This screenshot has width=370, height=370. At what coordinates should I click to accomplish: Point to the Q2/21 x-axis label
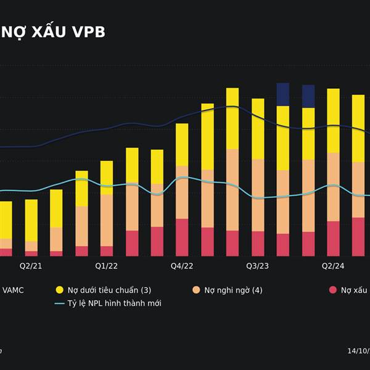[31, 266]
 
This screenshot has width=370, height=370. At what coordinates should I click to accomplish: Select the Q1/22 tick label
[107, 266]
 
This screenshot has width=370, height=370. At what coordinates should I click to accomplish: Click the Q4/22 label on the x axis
[182, 266]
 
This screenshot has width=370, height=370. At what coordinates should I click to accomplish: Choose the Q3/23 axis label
[258, 266]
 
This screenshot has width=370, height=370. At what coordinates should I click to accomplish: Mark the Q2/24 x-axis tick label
[333, 266]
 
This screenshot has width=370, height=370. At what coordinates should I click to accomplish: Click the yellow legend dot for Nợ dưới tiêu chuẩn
[60, 290]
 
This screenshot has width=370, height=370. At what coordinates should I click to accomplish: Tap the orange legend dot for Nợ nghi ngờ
[196, 290]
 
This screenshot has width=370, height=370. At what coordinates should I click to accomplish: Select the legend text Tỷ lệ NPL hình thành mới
[115, 303]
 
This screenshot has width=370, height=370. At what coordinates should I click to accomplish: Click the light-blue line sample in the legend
[60, 303]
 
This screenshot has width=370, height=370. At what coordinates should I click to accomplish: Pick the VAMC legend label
[14, 290]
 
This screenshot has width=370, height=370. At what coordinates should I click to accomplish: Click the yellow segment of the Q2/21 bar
[31, 220]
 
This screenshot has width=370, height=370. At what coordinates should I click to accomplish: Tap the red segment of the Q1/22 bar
[107, 251]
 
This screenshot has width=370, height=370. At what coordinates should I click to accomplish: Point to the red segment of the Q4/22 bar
[182, 237]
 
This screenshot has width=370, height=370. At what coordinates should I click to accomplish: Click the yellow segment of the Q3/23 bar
[258, 128]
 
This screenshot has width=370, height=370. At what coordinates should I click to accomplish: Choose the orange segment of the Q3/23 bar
[258, 195]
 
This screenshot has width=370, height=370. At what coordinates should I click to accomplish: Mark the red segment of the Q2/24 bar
[333, 239]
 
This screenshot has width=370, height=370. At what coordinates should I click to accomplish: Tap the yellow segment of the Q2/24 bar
[333, 120]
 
